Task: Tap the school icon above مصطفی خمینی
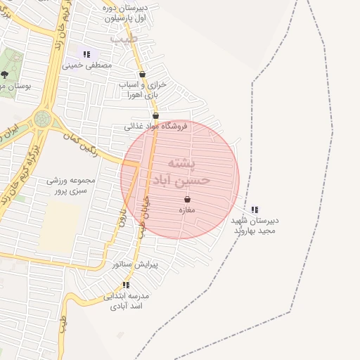click(87, 54)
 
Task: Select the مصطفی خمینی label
click(87, 66)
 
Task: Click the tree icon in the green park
click(5, 74)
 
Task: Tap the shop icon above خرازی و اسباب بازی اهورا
click(143, 74)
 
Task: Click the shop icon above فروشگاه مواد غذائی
click(155, 116)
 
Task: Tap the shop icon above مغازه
click(187, 200)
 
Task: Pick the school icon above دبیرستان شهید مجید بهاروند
click(255, 210)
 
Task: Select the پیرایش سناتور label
click(136, 264)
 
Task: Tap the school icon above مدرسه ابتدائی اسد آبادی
click(126, 285)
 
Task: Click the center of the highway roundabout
click(42, 120)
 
